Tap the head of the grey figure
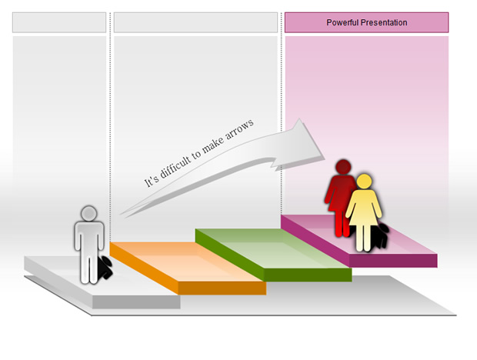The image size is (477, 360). click(89, 213)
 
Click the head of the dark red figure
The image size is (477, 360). click(343, 167)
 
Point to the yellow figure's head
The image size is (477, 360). click(364, 182)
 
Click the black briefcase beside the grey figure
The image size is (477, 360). click(105, 268)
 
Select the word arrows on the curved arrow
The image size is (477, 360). click(239, 131)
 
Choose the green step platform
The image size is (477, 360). click(273, 255)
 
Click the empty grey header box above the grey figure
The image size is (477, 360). click(59, 22)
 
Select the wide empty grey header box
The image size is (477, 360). click(196, 22)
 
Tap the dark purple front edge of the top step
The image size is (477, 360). click(393, 261)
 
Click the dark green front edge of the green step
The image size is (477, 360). click(308, 275)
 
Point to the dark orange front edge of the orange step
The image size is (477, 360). click(222, 288)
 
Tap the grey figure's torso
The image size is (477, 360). click(89, 235)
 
